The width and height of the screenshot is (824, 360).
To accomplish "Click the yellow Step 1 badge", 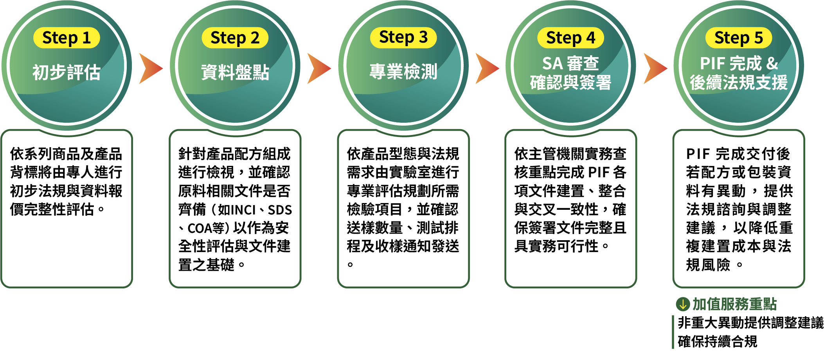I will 67,38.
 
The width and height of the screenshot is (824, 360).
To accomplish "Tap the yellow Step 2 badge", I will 235,38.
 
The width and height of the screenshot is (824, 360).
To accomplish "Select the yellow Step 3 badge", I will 403,38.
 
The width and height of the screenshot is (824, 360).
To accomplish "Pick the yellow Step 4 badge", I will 570,38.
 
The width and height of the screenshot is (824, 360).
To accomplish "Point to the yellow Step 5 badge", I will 739,38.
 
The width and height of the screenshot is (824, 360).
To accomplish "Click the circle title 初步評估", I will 67,72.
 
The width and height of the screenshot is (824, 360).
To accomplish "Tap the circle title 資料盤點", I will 235,72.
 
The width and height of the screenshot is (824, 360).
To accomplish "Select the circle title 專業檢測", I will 403,72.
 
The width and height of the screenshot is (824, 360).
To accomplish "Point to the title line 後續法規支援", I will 739,83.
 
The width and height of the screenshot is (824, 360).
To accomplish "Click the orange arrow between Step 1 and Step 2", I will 151,68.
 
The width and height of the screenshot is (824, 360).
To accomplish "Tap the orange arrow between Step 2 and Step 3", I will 319,68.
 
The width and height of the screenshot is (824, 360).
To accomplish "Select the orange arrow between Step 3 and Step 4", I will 487,68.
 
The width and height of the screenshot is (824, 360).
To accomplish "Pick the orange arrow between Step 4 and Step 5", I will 655,68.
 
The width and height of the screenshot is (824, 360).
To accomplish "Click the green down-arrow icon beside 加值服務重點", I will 683,304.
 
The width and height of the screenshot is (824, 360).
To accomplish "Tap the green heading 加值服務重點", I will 734,304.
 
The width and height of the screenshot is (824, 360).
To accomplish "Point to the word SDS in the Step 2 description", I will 280,210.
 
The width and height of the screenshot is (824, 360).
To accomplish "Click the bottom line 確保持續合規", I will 718,342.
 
